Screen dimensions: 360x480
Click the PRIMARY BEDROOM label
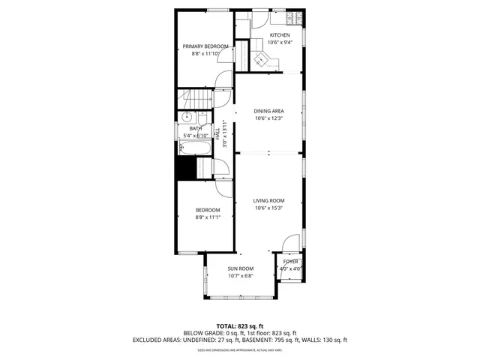[205, 46]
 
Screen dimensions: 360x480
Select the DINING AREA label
[268, 111]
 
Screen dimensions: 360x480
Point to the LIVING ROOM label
[268, 200]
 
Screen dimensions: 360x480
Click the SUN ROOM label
[241, 268]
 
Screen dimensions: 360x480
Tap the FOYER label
[289, 262]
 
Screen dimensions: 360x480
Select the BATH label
[195, 128]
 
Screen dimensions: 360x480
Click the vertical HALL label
[217, 136]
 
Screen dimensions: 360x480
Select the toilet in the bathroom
[202, 118]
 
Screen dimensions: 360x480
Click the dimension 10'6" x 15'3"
[268, 208]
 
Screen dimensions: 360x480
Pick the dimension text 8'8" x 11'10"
[205, 54]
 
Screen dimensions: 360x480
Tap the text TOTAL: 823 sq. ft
[239, 325]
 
